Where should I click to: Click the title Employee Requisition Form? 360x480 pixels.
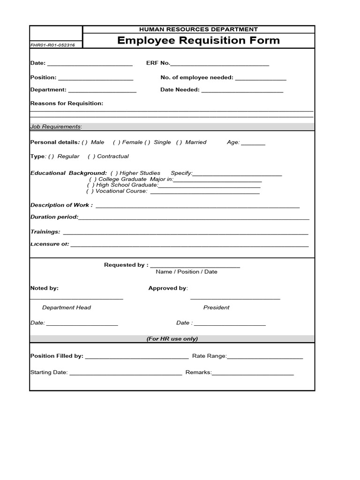(198, 40)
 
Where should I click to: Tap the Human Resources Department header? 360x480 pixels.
(198, 30)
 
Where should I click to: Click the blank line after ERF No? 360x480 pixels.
(220, 64)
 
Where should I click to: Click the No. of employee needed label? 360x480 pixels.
(196, 77)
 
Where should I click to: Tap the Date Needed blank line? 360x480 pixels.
(242, 91)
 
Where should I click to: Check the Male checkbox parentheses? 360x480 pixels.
(84, 142)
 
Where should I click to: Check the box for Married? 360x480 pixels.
(179, 142)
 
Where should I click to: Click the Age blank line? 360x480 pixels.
(253, 143)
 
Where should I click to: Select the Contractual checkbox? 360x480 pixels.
(91, 156)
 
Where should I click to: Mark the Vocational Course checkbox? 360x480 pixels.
(90, 191)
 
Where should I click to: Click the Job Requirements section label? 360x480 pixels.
(56, 127)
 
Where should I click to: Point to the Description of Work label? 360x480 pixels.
(61, 205)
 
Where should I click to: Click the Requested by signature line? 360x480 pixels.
(195, 266)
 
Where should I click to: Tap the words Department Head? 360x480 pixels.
(67, 307)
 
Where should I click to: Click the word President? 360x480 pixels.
(216, 307)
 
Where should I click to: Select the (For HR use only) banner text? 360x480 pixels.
(172, 338)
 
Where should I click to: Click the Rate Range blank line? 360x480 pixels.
(265, 358)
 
